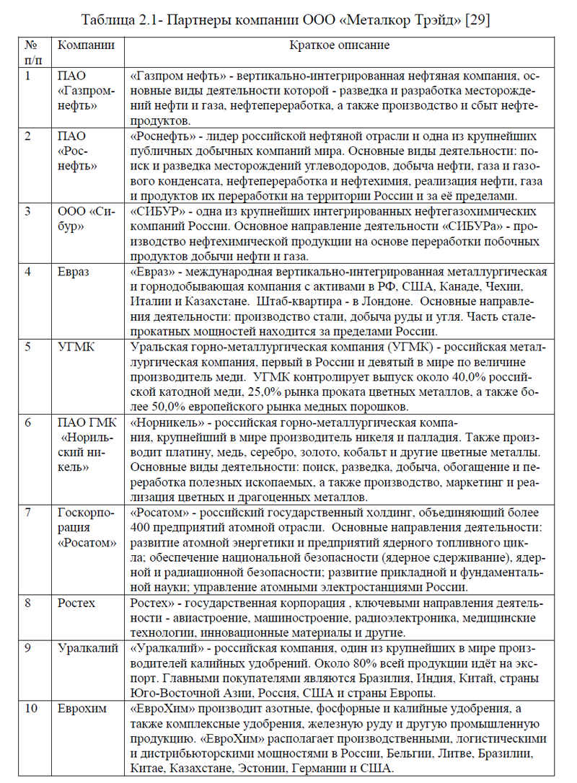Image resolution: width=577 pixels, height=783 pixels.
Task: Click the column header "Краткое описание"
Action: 339,45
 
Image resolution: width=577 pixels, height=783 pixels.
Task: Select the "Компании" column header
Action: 86,45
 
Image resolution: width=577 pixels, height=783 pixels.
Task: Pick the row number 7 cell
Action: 29,513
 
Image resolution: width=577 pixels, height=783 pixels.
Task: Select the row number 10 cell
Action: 31,708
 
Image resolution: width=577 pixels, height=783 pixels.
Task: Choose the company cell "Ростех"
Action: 76,603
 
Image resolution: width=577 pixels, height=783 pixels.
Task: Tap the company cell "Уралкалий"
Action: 87,648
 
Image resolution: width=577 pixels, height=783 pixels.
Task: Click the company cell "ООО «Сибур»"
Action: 87,218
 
